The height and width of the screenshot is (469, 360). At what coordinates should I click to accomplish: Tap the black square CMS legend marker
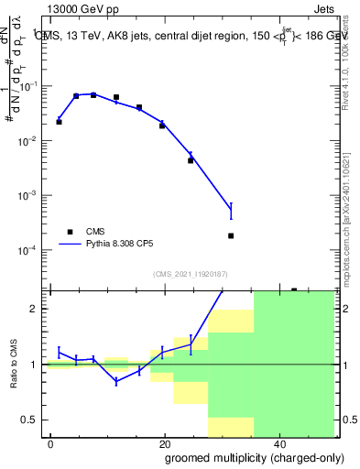point(70,232)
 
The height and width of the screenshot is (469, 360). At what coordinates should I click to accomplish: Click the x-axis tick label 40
point(278,443)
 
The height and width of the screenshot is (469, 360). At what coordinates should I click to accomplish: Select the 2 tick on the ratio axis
point(40,309)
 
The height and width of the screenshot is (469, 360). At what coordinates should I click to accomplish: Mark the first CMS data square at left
point(59,121)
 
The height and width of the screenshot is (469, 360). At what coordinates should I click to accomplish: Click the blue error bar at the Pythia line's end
point(231,211)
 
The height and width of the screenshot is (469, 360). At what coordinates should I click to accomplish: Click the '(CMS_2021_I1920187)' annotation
point(190,274)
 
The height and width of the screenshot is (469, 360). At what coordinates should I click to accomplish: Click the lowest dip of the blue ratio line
point(116,381)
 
